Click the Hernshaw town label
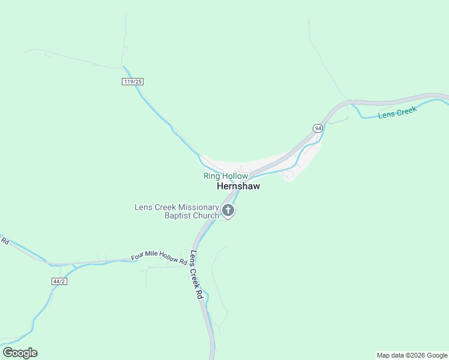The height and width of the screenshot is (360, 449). pyautogui.click(x=238, y=187)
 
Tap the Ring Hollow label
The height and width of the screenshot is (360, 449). pyautogui.click(x=225, y=176)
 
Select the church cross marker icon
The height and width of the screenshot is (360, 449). pyautogui.click(x=228, y=211)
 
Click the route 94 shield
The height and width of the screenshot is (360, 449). pyautogui.click(x=318, y=128)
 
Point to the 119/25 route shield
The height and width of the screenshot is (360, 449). pyautogui.click(x=133, y=82)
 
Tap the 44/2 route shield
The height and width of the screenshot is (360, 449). pyautogui.click(x=59, y=281)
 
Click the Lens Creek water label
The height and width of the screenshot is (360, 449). pyautogui.click(x=397, y=112)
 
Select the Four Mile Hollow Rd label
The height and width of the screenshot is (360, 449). pyautogui.click(x=159, y=259)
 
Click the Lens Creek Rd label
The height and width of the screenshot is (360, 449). pyautogui.click(x=196, y=275)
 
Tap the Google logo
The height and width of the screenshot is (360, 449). pyautogui.click(x=20, y=353)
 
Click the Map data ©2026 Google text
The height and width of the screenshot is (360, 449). pyautogui.click(x=412, y=355)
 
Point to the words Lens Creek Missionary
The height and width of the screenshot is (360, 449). pyautogui.click(x=176, y=207)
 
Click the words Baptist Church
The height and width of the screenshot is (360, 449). pyautogui.click(x=192, y=216)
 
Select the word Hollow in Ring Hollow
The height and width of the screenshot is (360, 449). pyautogui.click(x=235, y=176)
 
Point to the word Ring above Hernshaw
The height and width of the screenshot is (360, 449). pyautogui.click(x=212, y=176)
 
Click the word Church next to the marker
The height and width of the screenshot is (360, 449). pyautogui.click(x=206, y=216)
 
